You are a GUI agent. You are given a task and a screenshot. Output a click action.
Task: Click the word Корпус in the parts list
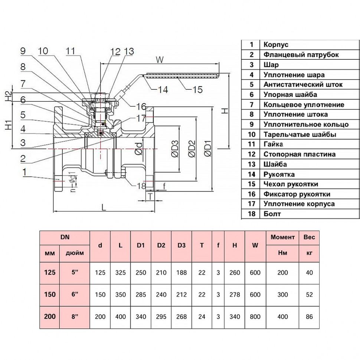coord(276,45)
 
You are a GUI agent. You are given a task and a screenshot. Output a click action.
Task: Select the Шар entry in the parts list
coord(271,65)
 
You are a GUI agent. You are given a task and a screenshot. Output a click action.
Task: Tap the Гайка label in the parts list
coord(273,144)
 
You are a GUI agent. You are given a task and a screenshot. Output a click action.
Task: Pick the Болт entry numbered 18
coord(272,214)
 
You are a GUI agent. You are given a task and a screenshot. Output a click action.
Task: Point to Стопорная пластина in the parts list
coord(300,154)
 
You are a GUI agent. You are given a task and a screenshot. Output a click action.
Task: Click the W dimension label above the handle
coord(160,60)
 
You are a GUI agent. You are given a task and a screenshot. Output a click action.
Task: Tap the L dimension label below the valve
coord(104,207)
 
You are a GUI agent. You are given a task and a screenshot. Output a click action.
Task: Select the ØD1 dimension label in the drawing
coord(208,148)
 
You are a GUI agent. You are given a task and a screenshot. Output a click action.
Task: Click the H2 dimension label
coord(8,96)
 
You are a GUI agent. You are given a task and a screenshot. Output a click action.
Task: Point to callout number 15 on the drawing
coord(198,89)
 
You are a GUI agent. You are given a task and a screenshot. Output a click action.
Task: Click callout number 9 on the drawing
coord(23,51)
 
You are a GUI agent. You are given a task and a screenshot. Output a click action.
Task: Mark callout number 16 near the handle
coord(141,106)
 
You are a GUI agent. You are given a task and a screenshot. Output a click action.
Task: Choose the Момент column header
coord(282,237)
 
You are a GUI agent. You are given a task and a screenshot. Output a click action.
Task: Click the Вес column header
coord(309,237)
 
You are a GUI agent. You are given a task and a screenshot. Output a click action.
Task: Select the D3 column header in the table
coord(181,245)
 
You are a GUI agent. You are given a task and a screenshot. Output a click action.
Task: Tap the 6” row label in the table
coord(75,294)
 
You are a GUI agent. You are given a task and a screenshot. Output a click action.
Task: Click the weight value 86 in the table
coord(309,317)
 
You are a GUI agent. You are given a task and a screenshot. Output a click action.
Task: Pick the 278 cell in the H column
coord(235,295)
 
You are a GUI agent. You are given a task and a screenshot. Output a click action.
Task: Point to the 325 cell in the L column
coord(121,272)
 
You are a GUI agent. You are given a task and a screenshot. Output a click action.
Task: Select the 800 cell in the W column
coord(255,317)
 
